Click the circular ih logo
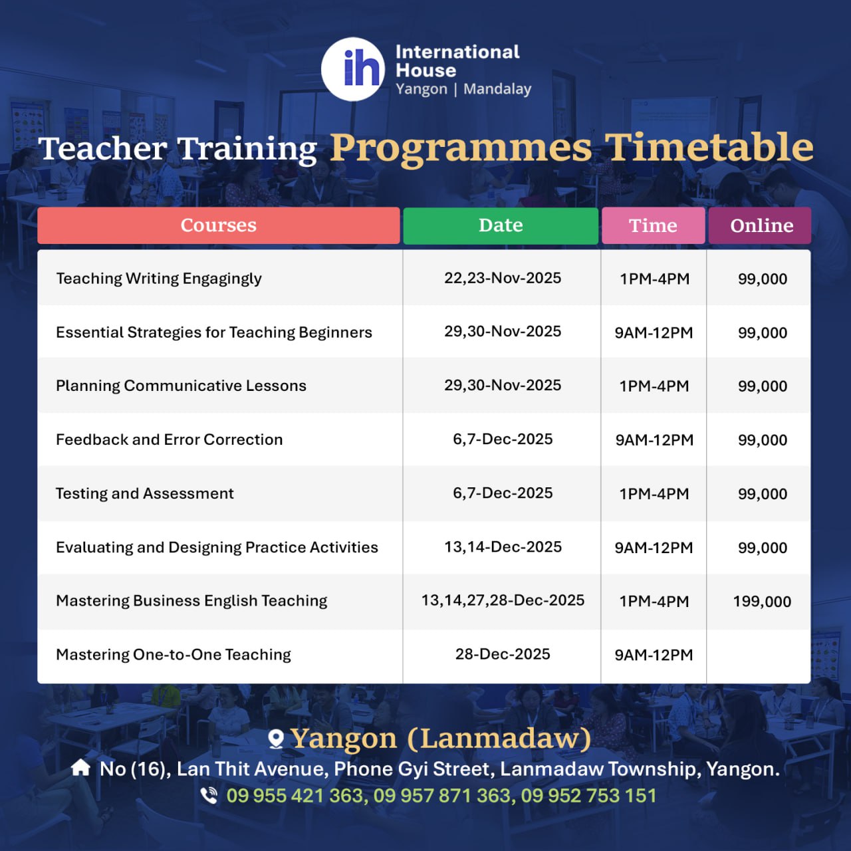click(353, 69)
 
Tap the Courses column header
click(219, 225)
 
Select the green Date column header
click(501, 225)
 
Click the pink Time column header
click(653, 225)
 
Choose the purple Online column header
click(760, 225)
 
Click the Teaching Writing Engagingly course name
click(159, 279)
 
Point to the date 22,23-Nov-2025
click(503, 278)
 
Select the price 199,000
click(762, 602)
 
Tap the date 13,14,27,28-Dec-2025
click(503, 600)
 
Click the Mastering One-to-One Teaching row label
click(174, 654)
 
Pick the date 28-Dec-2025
click(503, 654)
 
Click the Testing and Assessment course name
click(145, 494)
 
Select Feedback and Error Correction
click(169, 440)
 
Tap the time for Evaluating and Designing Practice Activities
click(654, 548)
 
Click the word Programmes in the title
click(461, 148)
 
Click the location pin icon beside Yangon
click(276, 739)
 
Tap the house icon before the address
click(81, 768)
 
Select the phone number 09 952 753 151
click(588, 796)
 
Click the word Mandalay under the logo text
click(497, 89)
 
